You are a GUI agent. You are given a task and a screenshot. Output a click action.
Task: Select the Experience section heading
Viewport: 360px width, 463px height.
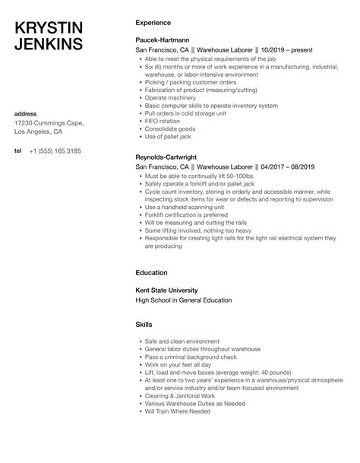[x=152, y=22]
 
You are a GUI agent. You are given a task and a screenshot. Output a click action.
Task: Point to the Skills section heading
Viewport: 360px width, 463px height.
[x=144, y=325]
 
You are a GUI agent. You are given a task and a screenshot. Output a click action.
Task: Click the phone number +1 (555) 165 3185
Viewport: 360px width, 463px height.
[x=55, y=151]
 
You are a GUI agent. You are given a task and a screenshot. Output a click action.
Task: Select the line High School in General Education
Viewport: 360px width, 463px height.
[x=183, y=300]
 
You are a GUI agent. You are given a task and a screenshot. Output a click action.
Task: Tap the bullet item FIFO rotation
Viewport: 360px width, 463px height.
[x=162, y=120]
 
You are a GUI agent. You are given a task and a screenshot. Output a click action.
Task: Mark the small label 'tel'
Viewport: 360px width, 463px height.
[x=18, y=151]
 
